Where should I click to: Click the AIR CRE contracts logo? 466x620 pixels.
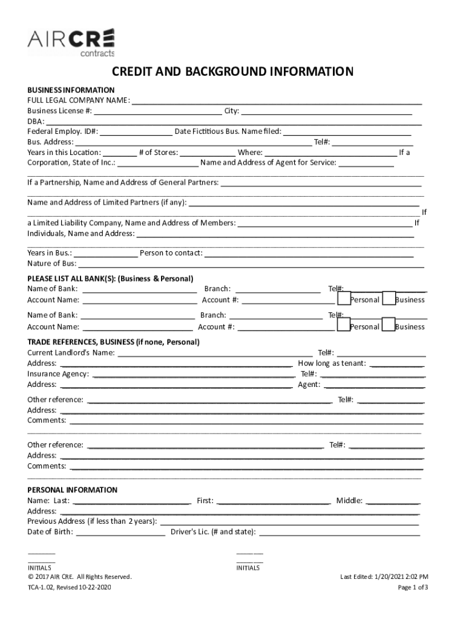(70, 42)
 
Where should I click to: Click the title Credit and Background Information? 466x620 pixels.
(232, 73)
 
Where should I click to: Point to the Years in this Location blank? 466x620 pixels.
(119, 153)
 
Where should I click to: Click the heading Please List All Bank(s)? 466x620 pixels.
(110, 279)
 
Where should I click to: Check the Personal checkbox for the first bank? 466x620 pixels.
(344, 298)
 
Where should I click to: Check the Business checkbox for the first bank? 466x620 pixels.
(389, 298)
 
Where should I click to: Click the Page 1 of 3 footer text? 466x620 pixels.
(413, 587)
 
